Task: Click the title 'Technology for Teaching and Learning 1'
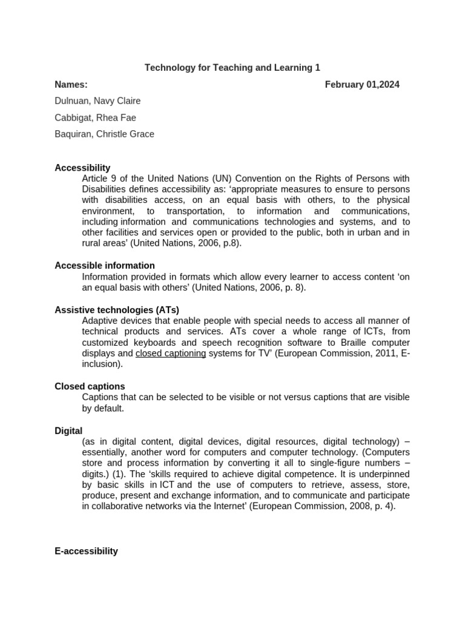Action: [x=232, y=68]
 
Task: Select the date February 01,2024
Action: [x=362, y=85]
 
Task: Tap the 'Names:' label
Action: [x=71, y=85]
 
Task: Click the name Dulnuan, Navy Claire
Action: [x=97, y=101]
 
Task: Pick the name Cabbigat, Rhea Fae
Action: [x=95, y=117]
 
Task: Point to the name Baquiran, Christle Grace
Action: [x=104, y=134]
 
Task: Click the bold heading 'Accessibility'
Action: [x=82, y=168]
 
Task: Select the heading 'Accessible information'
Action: [x=105, y=265]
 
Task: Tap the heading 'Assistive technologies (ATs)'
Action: [x=117, y=310]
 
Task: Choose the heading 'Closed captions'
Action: [x=90, y=386]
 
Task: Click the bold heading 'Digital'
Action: [x=68, y=431]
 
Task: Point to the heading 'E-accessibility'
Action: [x=86, y=551]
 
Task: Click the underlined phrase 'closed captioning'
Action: [x=171, y=354]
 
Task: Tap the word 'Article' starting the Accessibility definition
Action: [x=96, y=179]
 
